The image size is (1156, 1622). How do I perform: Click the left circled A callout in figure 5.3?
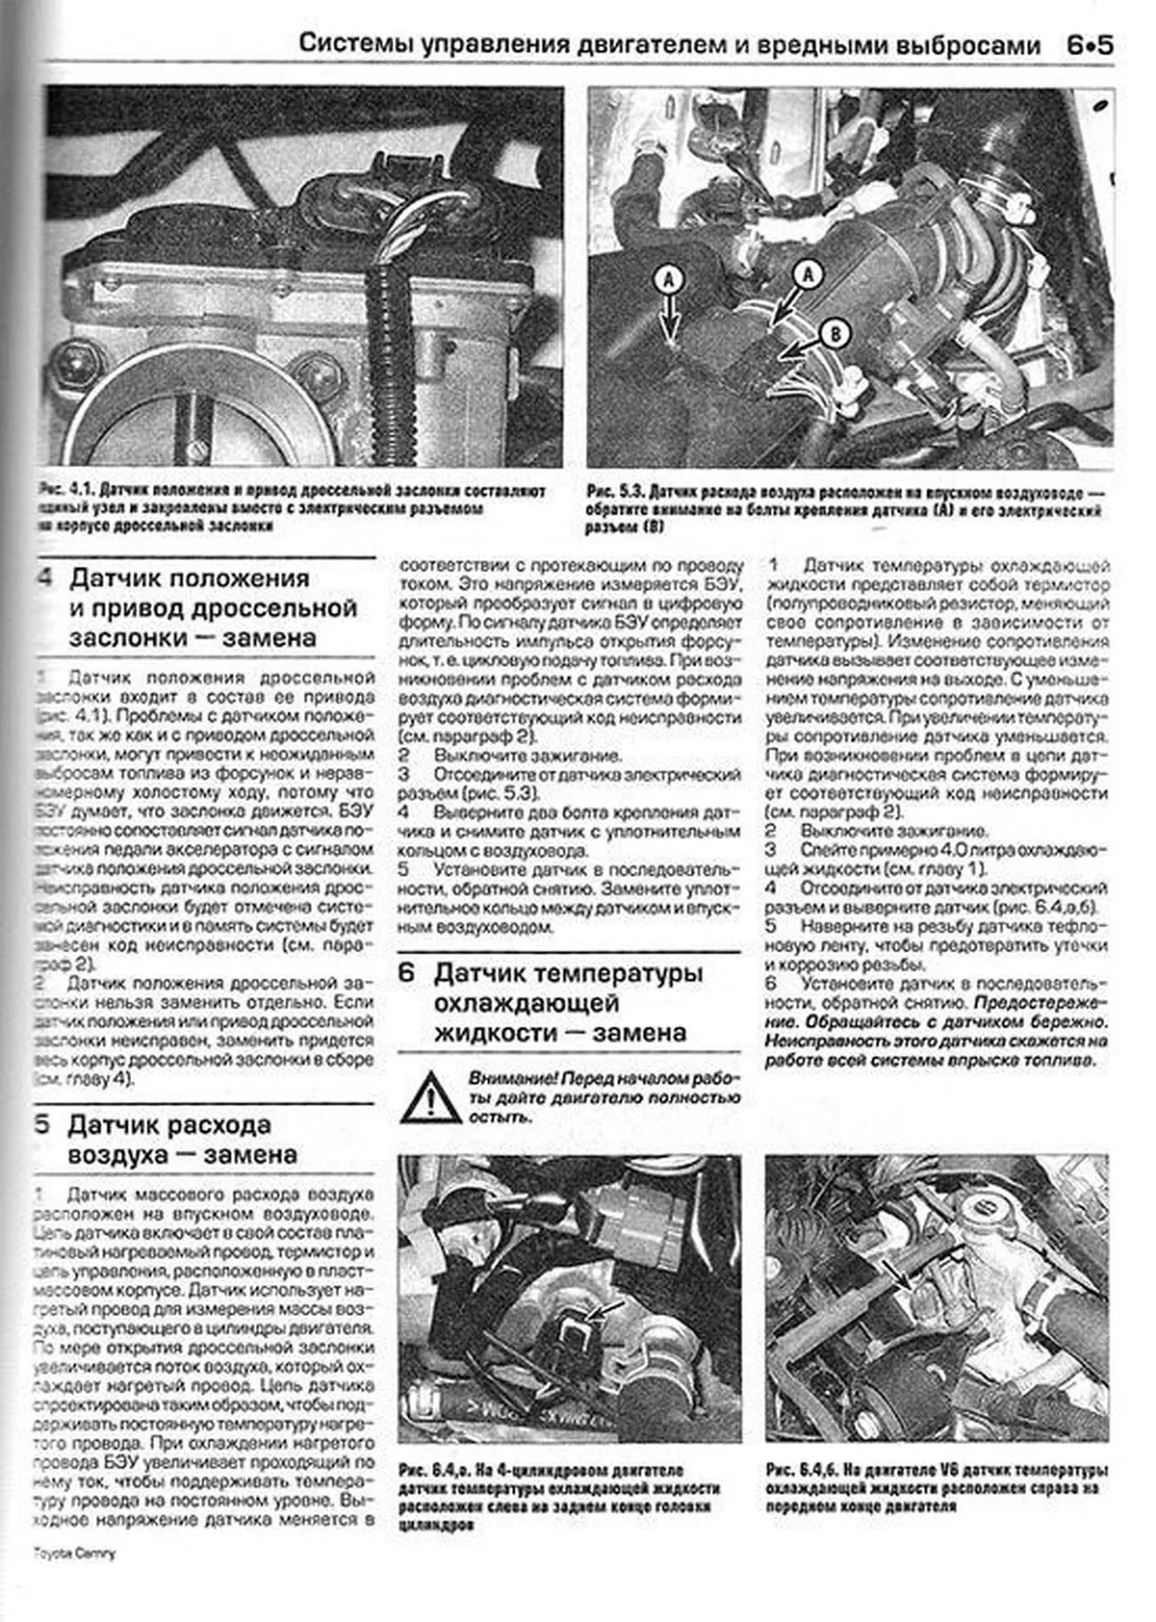[x=669, y=280]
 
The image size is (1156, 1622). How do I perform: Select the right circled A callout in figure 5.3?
[x=807, y=274]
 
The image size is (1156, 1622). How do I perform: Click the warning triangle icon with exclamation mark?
[x=429, y=1096]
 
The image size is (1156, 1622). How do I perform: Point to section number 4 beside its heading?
[x=44, y=579]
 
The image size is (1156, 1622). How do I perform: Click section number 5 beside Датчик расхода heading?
[x=42, y=1125]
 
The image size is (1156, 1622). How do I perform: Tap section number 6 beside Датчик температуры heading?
[x=407, y=973]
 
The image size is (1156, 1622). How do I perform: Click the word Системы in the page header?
[x=348, y=45]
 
